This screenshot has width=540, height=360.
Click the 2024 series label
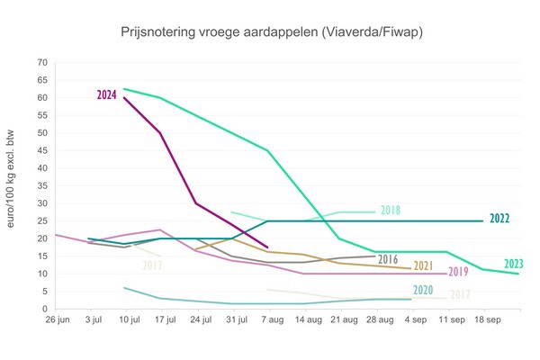[108, 94]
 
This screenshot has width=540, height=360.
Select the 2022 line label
[500, 219]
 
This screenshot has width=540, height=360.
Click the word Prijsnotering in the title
[155, 32]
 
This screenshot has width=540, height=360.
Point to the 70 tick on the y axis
[41, 63]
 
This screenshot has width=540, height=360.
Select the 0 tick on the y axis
[44, 309]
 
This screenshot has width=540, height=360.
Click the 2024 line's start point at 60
[124, 97]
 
